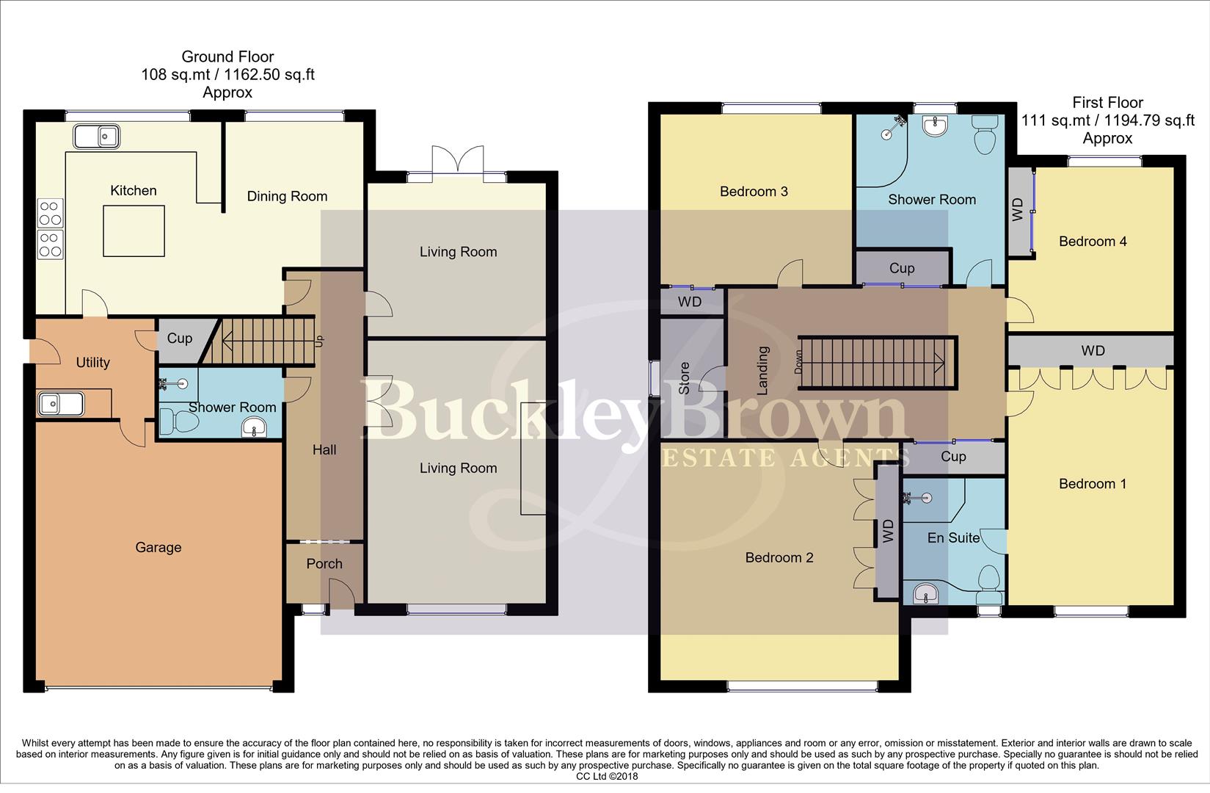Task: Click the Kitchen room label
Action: pos(133,191)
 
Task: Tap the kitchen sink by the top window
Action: pos(97,136)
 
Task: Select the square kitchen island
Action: pos(134,231)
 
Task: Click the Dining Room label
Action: pos(287,196)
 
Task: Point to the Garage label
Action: pos(158,547)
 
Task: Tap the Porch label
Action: pos(324,563)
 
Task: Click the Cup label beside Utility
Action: pos(180,338)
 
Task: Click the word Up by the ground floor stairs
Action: pos(318,341)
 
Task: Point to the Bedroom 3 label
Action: pos(754,192)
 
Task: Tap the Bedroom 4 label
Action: pos(1093,242)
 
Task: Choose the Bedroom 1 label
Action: pos(1093,484)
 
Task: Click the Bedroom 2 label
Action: pos(779,558)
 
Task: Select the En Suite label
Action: pos(953,538)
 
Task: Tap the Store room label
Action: pos(685,378)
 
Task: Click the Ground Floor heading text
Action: pos(227,57)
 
